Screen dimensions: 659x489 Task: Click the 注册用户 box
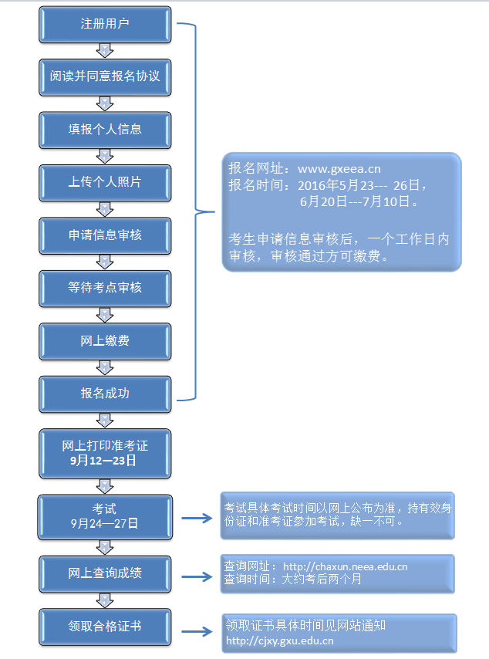pos(105,24)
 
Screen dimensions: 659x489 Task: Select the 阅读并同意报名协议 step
pos(105,76)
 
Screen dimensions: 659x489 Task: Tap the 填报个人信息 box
pos(105,129)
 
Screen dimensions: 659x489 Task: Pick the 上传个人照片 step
pos(105,182)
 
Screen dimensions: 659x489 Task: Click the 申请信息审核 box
pos(105,235)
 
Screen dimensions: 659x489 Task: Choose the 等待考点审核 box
pos(105,287)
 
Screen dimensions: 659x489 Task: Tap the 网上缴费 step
pos(105,340)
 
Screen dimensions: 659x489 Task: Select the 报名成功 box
pos(105,393)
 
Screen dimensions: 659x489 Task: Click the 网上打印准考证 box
pos(105,453)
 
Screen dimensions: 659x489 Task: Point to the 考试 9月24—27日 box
pos(105,516)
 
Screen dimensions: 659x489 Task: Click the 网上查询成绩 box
pos(105,573)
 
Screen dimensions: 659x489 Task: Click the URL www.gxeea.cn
pos(339,168)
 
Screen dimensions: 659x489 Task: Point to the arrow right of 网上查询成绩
pos(196,576)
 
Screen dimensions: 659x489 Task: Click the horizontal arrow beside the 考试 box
pos(196,518)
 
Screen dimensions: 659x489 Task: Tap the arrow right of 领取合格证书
pos(196,630)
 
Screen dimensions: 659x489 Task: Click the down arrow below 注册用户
pos(105,50)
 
